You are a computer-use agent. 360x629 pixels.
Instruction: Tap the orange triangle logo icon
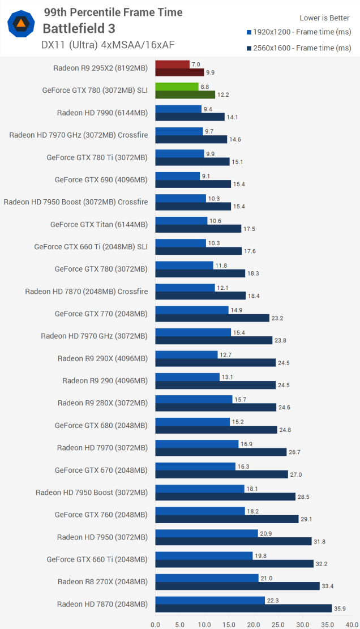(x=22, y=24)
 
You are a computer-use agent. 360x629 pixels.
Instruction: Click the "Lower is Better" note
(x=325, y=18)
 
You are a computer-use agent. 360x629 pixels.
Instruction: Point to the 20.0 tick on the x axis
(x=254, y=624)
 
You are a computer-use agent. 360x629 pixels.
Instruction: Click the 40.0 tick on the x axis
(x=352, y=624)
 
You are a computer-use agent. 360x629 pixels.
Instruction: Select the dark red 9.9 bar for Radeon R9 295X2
(x=179, y=72)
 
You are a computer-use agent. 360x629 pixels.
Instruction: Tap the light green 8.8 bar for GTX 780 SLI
(x=177, y=87)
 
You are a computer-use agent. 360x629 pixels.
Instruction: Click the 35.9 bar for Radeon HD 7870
(x=243, y=608)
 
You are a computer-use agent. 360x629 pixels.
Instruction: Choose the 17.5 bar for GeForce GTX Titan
(x=198, y=229)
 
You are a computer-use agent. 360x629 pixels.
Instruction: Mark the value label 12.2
(x=224, y=95)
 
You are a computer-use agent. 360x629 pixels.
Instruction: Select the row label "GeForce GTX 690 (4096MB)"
(x=101, y=180)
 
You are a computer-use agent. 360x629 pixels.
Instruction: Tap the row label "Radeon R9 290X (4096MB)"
(x=102, y=358)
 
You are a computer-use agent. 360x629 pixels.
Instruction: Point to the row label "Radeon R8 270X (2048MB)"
(x=102, y=581)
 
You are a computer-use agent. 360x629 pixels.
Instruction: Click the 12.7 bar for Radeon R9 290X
(x=186, y=355)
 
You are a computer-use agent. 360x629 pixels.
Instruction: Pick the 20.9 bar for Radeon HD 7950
(x=207, y=533)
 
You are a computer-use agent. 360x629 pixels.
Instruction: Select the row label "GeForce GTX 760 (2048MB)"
(x=101, y=515)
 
